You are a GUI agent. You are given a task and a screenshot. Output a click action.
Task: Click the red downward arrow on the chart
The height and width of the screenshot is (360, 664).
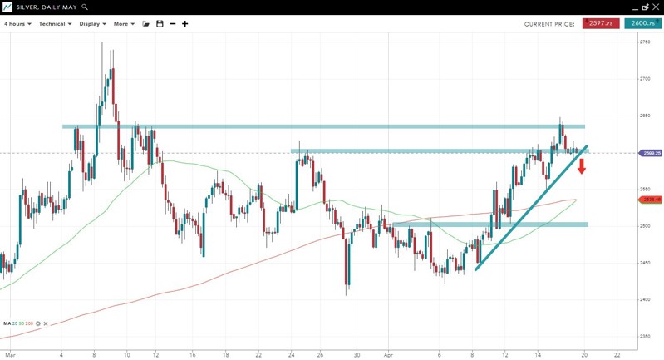click(x=583, y=166)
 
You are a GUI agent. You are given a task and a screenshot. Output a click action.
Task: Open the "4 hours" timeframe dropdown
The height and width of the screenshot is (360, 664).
click(x=17, y=24)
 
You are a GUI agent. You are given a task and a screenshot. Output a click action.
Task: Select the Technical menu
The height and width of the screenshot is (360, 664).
click(x=55, y=24)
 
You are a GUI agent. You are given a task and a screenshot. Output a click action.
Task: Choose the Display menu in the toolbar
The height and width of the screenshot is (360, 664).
click(x=92, y=24)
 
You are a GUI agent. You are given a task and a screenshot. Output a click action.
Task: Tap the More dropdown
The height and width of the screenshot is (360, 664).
click(x=124, y=24)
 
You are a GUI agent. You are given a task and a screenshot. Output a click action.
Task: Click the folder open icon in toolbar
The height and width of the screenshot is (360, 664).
click(x=146, y=24)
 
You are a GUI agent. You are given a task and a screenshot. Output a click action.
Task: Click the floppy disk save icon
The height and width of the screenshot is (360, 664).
click(x=160, y=24)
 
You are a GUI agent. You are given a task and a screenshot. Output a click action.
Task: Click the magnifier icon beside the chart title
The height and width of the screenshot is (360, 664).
click(x=85, y=7)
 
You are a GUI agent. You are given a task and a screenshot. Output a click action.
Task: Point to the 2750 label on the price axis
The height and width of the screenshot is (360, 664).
click(x=645, y=42)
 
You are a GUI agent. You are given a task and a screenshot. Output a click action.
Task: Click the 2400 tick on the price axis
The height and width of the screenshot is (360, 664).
click(x=645, y=299)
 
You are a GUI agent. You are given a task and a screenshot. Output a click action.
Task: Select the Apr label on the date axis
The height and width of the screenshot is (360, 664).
click(x=388, y=354)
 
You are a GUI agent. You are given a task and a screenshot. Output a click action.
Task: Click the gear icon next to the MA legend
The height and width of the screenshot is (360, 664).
click(x=38, y=323)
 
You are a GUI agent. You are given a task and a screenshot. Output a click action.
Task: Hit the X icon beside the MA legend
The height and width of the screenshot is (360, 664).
click(x=46, y=323)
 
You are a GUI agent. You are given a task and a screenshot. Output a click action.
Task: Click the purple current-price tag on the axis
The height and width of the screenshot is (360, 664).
click(x=651, y=153)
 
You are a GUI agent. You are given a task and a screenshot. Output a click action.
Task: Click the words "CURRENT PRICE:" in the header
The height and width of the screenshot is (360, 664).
click(x=549, y=24)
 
